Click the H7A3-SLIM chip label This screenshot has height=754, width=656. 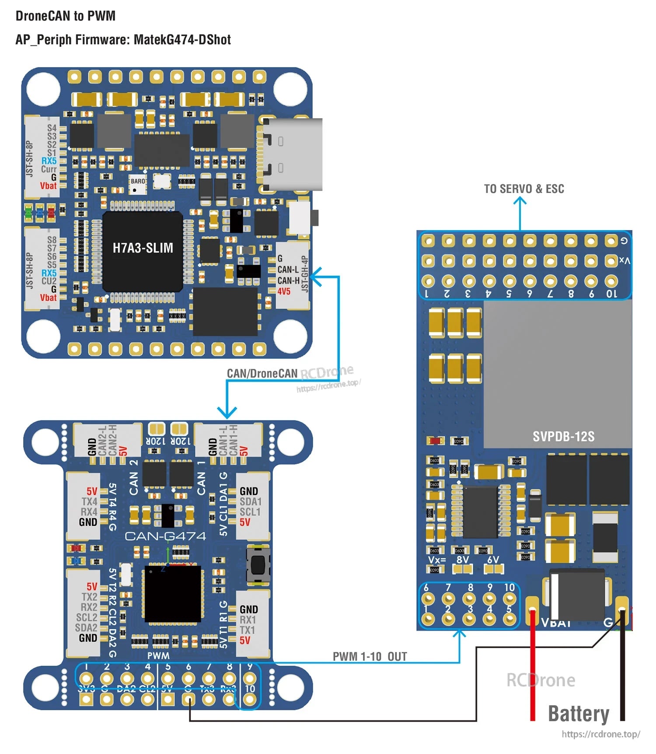[x=143, y=248]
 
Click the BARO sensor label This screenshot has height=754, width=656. [x=138, y=181]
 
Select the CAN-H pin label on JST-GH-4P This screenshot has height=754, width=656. [x=288, y=281]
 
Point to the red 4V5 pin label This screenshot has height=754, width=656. [x=283, y=291]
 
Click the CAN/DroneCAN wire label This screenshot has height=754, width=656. [x=262, y=373]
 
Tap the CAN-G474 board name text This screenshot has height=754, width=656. [x=165, y=536]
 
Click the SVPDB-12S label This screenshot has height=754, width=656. [x=563, y=436]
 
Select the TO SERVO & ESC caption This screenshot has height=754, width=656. [x=523, y=189]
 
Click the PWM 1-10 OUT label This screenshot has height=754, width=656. [x=370, y=656]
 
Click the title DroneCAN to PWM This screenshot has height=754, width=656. [x=66, y=16]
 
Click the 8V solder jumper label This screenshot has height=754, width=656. [x=462, y=560]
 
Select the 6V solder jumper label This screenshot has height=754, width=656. [x=493, y=560]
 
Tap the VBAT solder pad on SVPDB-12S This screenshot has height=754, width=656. [x=532, y=608]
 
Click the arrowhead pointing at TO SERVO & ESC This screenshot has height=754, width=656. [x=520, y=201]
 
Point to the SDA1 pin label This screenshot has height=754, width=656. [x=250, y=501]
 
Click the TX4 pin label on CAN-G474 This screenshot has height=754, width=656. [x=89, y=501]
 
